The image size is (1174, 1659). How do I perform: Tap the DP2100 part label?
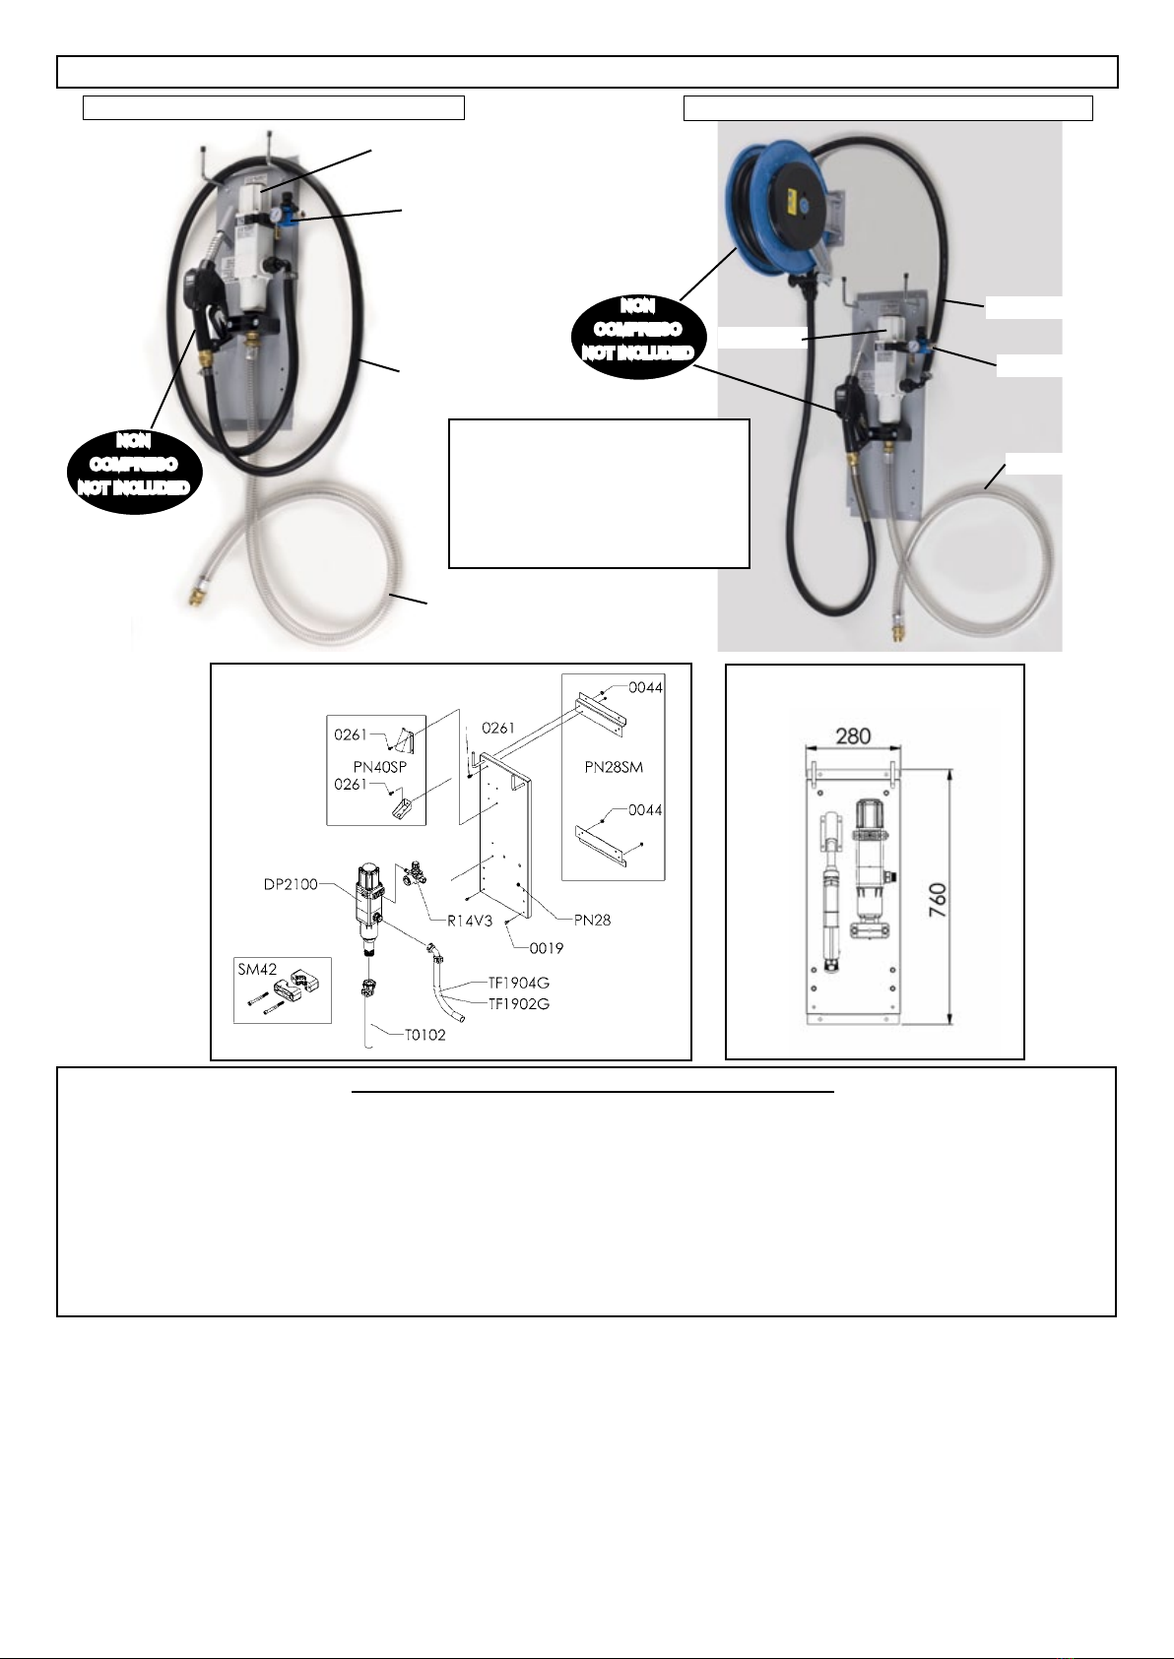coord(291,883)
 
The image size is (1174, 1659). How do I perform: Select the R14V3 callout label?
coord(470,922)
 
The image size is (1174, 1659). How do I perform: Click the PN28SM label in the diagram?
coord(614,767)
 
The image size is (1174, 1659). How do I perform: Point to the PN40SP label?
coord(380,767)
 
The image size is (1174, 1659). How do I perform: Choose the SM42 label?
coord(257,969)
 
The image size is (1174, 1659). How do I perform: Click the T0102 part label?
coord(425,1035)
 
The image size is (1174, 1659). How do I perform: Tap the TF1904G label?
coord(518,983)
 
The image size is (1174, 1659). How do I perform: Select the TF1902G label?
coord(518,1003)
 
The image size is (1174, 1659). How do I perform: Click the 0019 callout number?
coord(547,948)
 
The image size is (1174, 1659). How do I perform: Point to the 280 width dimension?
coord(853,736)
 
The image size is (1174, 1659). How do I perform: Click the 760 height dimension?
coord(938,900)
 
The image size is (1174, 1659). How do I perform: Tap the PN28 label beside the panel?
coord(593,920)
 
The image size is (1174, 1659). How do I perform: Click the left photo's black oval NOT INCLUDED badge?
coord(134,465)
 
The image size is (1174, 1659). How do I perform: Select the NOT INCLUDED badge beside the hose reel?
coord(637,330)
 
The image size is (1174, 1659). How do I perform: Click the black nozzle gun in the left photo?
coord(199,302)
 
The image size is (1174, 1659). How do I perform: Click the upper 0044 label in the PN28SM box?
coord(645,687)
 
